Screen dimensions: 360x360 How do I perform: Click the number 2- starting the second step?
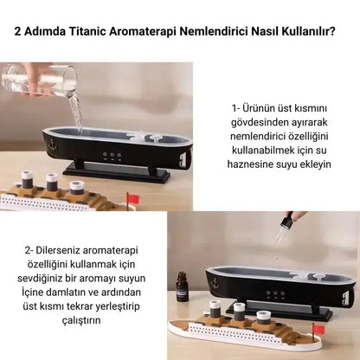tap(34, 250)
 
